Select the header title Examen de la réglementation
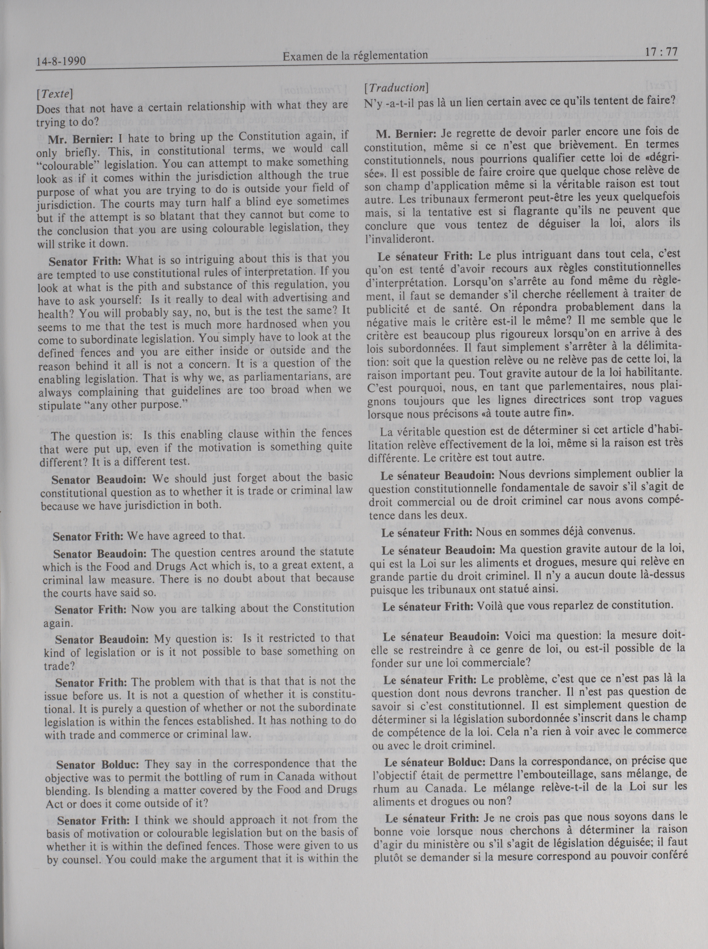click(355, 55)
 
